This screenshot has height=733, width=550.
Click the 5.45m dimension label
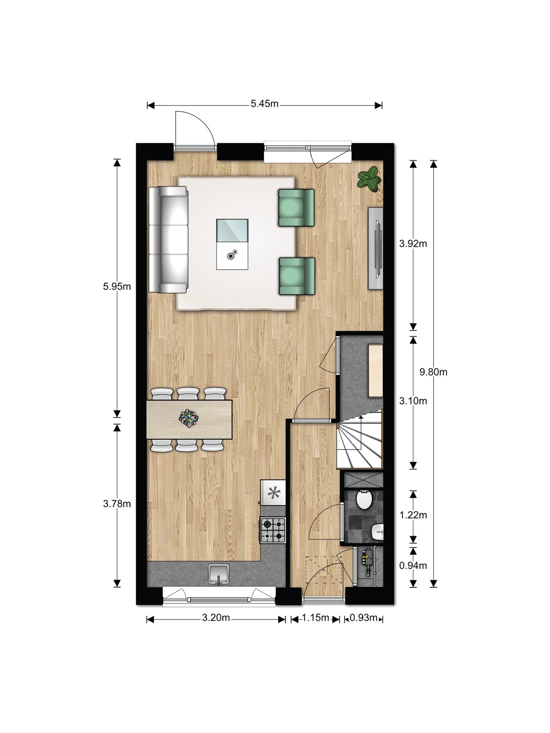265,104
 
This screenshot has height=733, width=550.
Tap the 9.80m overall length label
433,372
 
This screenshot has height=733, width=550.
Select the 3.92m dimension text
413,244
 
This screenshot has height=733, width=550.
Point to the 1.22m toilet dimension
413,515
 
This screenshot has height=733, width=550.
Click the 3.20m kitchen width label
216,618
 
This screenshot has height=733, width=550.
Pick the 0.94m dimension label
413,565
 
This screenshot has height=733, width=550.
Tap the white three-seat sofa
168,239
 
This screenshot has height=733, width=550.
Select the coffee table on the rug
232,244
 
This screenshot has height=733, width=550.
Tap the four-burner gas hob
273,530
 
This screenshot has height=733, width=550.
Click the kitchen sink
219,574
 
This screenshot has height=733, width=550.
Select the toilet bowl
364,500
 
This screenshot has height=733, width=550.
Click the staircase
360,440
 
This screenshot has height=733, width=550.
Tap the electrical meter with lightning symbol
368,564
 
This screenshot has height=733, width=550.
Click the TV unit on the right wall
376,248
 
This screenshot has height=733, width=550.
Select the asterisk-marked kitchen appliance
274,492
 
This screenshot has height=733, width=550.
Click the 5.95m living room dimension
117,286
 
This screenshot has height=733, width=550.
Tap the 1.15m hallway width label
315,618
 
